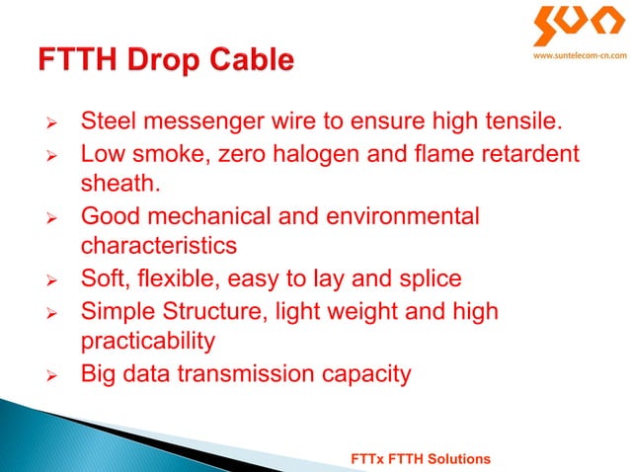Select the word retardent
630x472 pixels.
[x=523, y=155]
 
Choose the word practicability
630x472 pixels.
[x=148, y=342]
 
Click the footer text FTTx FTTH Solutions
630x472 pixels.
[x=422, y=460]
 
